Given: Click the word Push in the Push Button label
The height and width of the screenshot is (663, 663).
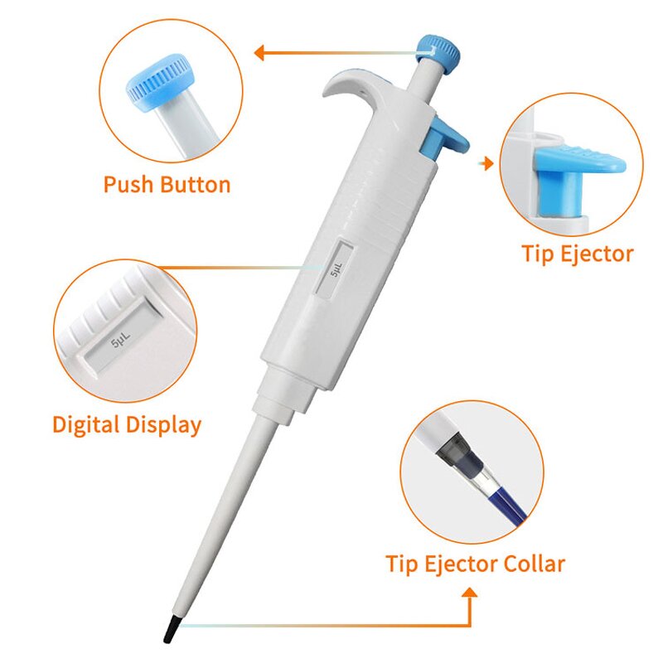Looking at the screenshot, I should [128, 184].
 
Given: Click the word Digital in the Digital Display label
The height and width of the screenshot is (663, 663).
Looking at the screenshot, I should [86, 425].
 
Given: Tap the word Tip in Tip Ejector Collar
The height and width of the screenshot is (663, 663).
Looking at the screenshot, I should [403, 564].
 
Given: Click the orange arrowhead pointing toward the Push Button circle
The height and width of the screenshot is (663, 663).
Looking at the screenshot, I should [259, 54].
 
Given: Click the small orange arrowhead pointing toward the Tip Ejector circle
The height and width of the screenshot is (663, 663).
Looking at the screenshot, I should [489, 164].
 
